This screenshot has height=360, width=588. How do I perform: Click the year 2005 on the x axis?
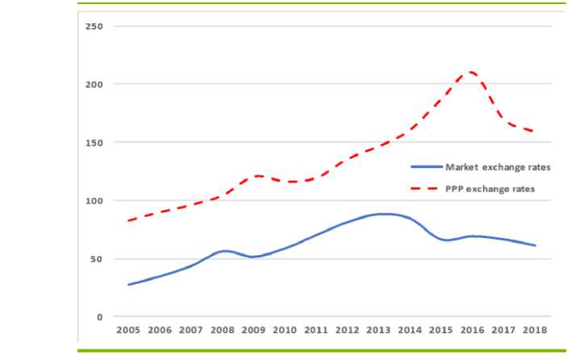pyautogui.click(x=128, y=331)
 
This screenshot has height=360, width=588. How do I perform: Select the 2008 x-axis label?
pyautogui.click(x=223, y=331)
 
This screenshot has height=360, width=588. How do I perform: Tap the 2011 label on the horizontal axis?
pyautogui.click(x=316, y=331)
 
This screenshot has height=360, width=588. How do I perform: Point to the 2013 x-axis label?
pyautogui.click(x=379, y=331)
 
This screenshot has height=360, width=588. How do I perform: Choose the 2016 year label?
pyautogui.click(x=473, y=331)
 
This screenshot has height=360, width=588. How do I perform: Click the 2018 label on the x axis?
pyautogui.click(x=535, y=331)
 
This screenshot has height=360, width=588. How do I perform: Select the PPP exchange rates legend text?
pyautogui.click(x=490, y=189)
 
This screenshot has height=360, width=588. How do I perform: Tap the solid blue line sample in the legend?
pyautogui.click(x=427, y=167)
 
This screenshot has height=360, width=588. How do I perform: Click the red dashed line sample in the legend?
pyautogui.click(x=427, y=189)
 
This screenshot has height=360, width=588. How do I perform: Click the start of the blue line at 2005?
pyautogui.click(x=128, y=284)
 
